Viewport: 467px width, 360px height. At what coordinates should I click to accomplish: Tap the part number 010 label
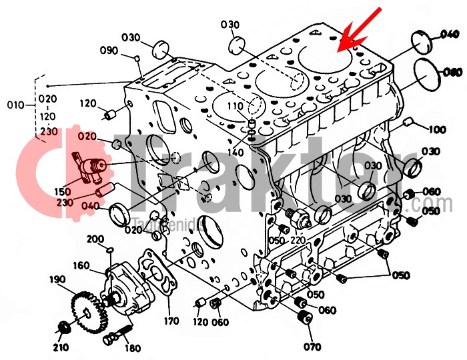[x=14, y=105]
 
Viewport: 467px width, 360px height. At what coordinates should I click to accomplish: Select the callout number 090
[x=109, y=51]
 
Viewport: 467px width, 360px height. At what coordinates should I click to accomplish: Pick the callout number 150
[x=63, y=192]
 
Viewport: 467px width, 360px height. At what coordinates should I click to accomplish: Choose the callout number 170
[x=171, y=321]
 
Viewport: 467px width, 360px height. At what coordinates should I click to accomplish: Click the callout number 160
[x=81, y=266]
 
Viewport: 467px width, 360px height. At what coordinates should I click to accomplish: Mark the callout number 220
[x=298, y=240]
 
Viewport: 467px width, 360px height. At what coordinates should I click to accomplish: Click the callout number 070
[x=312, y=347]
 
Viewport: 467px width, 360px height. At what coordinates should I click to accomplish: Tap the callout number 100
[x=437, y=129]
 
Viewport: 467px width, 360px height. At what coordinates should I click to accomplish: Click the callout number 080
[x=452, y=72]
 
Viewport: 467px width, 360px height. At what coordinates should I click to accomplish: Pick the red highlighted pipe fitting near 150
[x=88, y=165]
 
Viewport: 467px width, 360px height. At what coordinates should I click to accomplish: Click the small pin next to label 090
[x=137, y=59]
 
